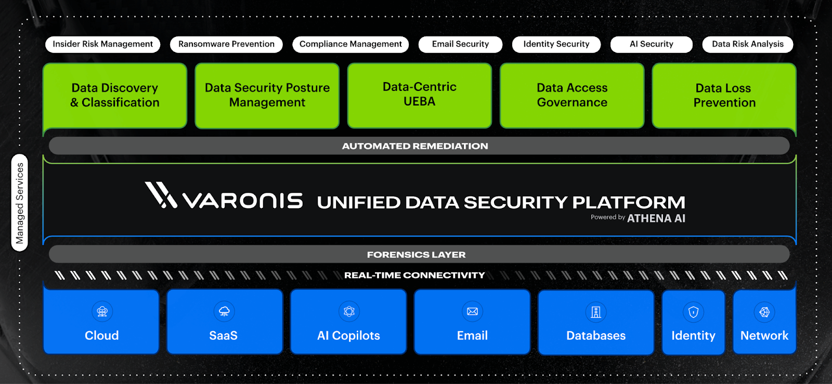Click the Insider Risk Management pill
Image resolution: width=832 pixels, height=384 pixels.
(102, 44)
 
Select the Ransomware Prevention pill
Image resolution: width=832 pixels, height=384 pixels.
(226, 44)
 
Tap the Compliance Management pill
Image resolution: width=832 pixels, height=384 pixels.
(350, 44)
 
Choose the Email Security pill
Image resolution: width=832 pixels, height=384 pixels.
(460, 44)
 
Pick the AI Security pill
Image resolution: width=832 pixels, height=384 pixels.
(651, 44)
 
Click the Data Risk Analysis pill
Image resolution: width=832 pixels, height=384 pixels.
(747, 44)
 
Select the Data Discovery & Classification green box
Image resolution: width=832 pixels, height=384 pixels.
(115, 96)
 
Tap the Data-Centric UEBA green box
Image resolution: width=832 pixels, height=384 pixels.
(420, 96)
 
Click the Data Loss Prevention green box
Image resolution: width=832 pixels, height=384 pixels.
(724, 96)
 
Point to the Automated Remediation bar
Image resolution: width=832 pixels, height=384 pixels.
(415, 146)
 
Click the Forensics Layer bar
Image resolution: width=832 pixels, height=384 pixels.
(416, 255)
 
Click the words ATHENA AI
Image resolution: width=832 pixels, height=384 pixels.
(656, 219)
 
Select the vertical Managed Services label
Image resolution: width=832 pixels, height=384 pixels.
(20, 203)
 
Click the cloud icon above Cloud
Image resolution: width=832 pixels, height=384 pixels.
(102, 312)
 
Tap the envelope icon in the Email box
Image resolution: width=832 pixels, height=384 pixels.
(472, 312)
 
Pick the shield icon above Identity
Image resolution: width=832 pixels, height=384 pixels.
(693, 312)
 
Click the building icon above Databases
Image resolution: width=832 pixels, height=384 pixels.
(596, 312)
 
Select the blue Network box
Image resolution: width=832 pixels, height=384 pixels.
(764, 322)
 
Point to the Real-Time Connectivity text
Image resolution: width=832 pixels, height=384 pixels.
(414, 275)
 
